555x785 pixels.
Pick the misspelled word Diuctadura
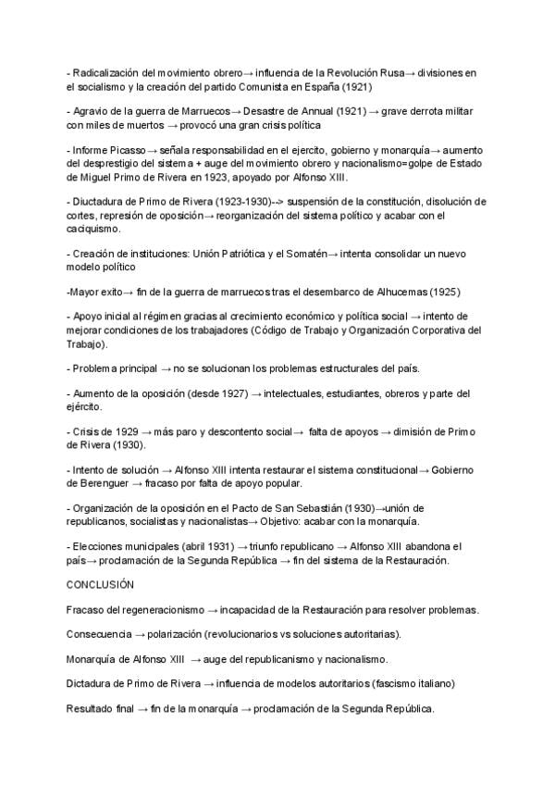pos(102,202)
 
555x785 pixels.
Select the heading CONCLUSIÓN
pos(101,585)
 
